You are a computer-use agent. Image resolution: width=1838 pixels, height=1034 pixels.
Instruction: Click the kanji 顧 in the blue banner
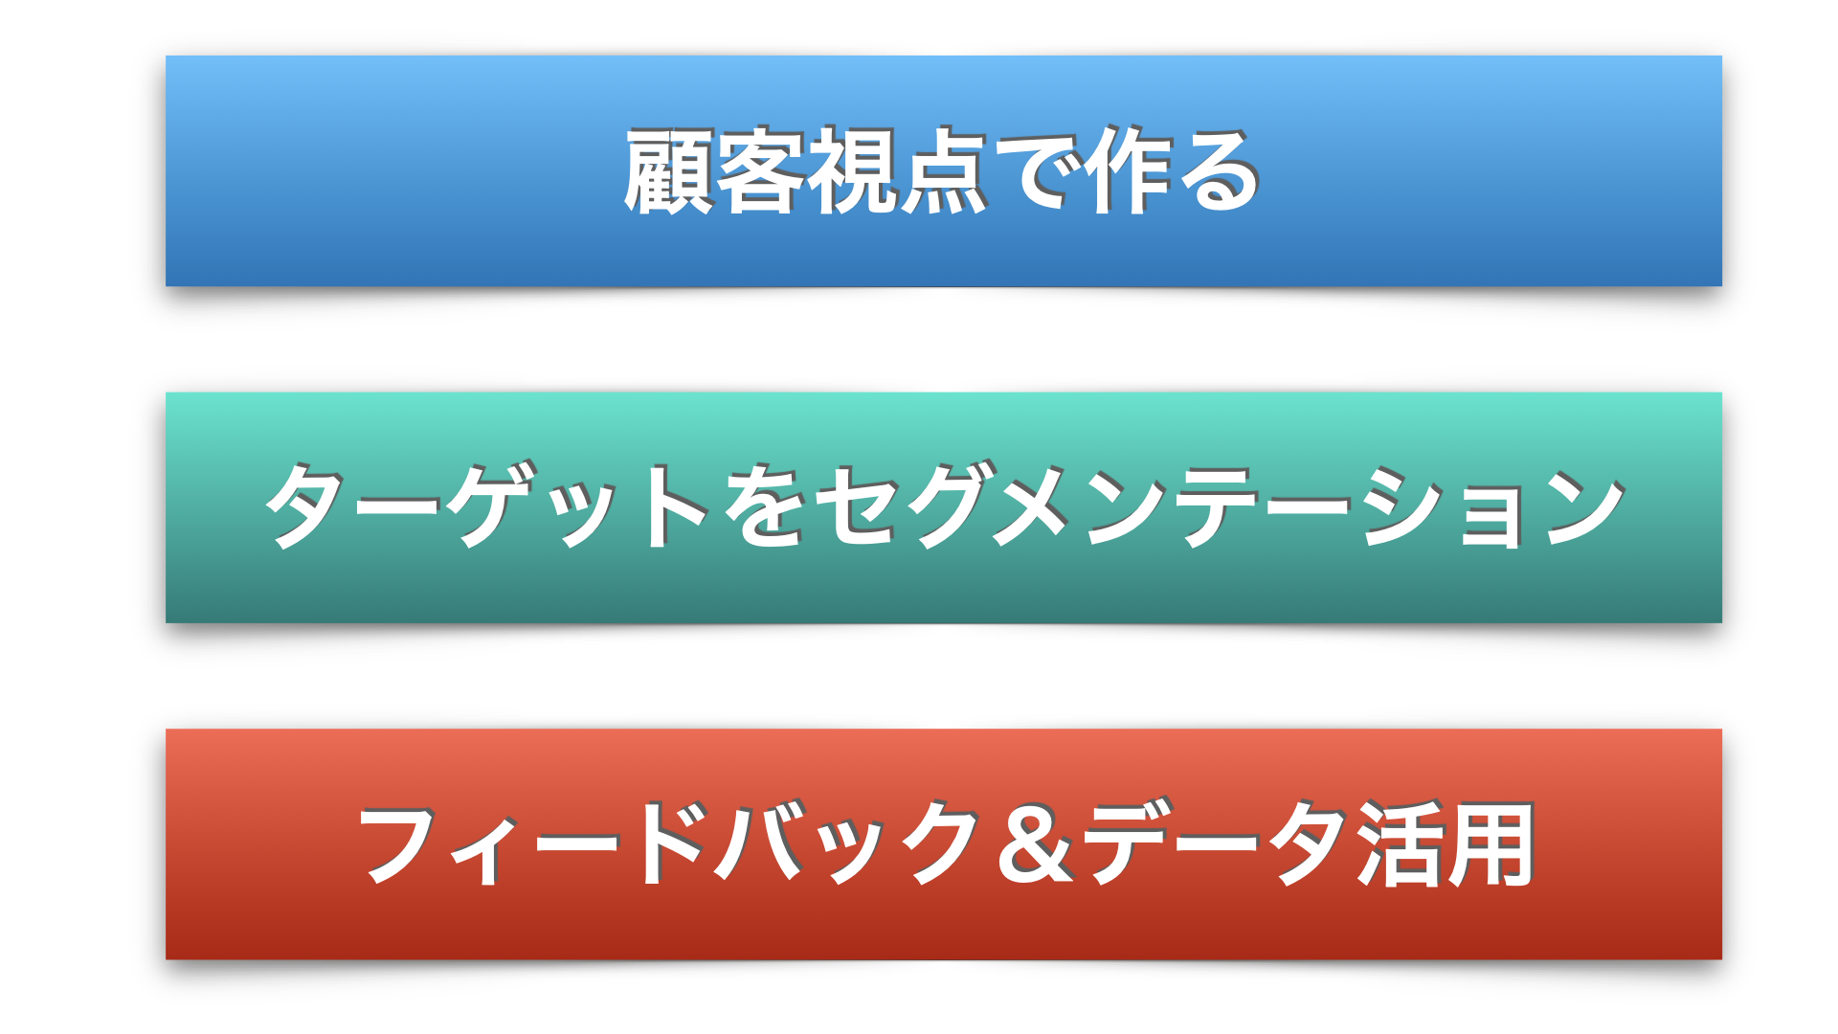668,172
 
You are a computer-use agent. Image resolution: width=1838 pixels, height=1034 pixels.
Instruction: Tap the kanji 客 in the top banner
759,172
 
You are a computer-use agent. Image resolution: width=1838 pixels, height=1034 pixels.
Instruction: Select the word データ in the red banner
1217,843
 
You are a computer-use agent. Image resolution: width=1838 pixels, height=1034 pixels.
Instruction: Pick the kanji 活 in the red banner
1401,844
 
